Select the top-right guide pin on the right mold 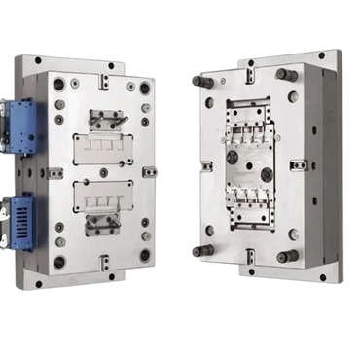(283, 74)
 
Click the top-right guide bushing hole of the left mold (145, 89)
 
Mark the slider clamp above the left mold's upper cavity (104, 118)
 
